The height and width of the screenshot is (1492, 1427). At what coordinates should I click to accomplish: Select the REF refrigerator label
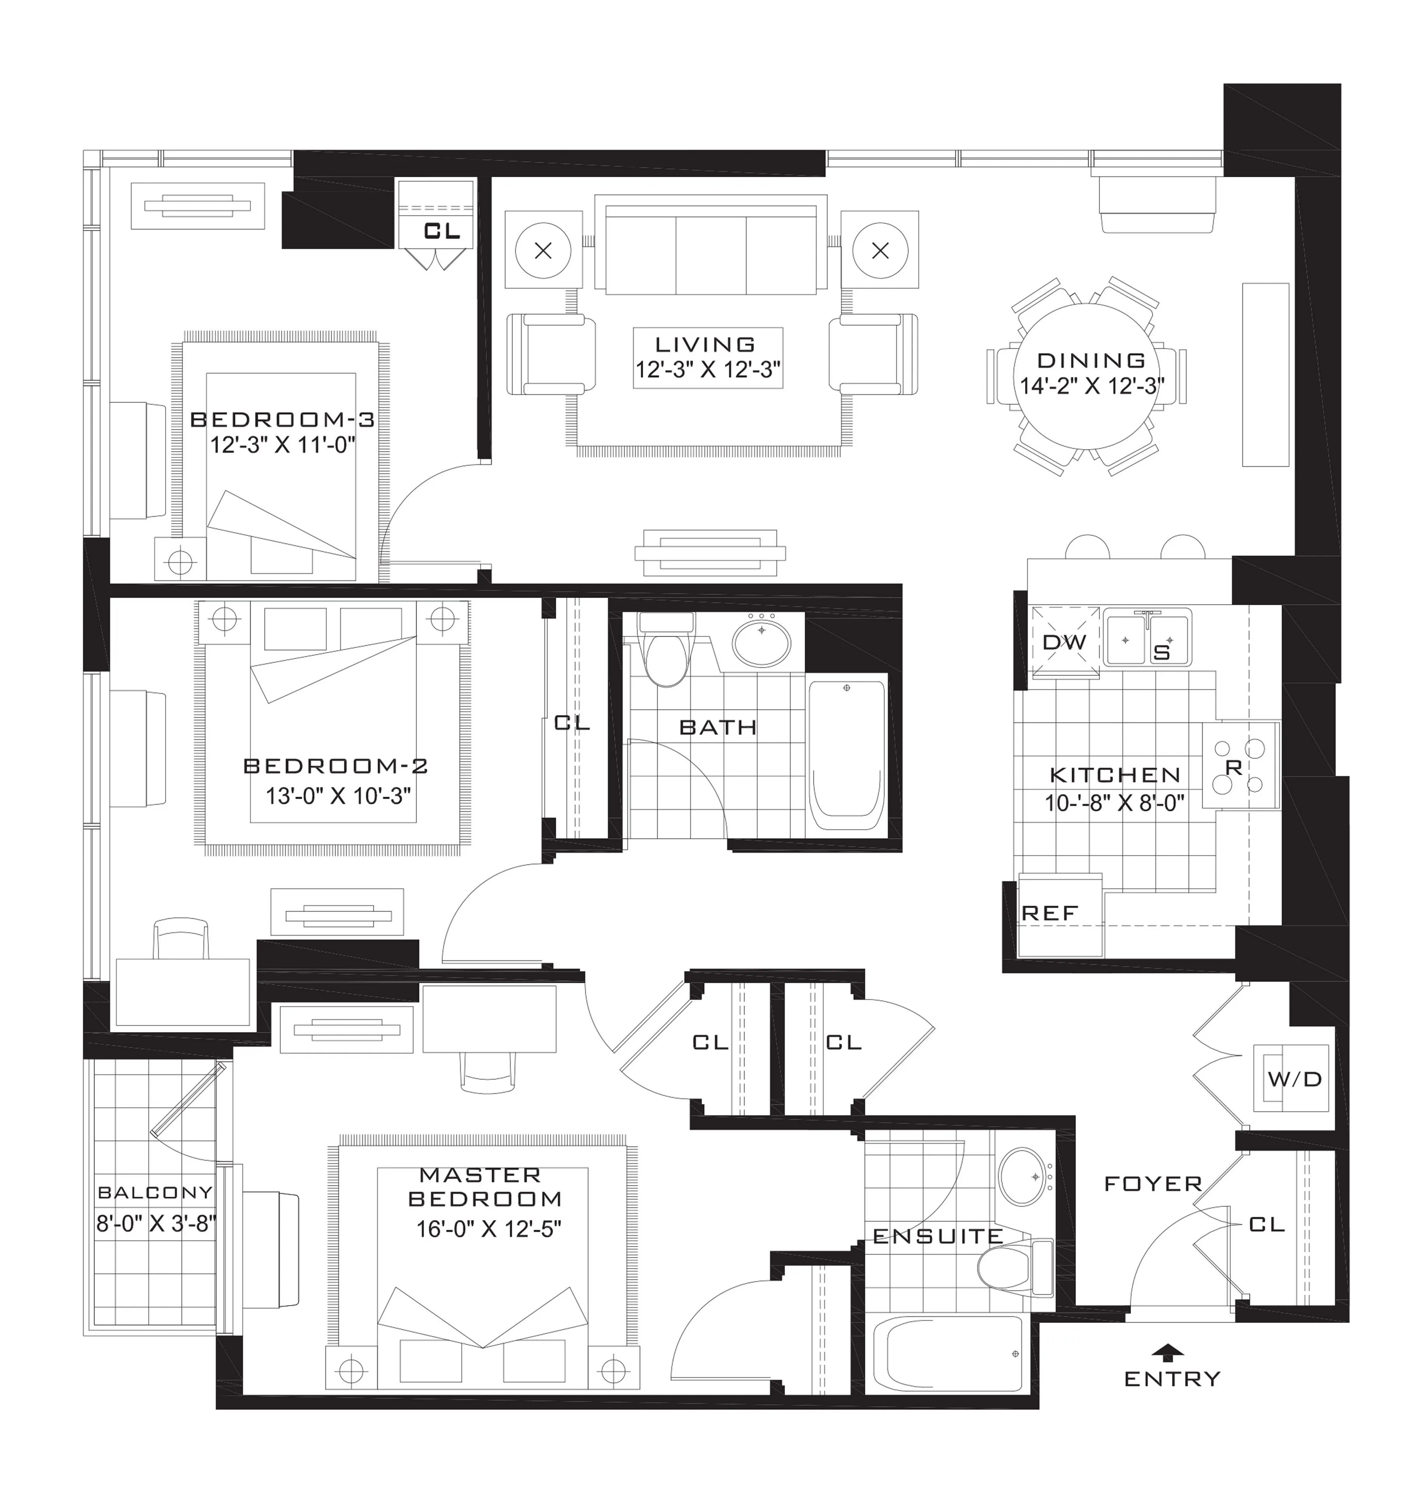tap(1050, 913)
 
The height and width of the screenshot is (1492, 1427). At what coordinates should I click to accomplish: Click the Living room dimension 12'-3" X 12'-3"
tap(708, 370)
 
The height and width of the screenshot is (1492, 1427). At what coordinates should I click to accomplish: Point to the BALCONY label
tap(155, 1192)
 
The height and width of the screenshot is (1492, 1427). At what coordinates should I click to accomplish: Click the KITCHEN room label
tap(1115, 774)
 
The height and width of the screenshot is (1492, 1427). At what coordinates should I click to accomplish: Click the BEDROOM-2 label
tap(336, 765)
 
